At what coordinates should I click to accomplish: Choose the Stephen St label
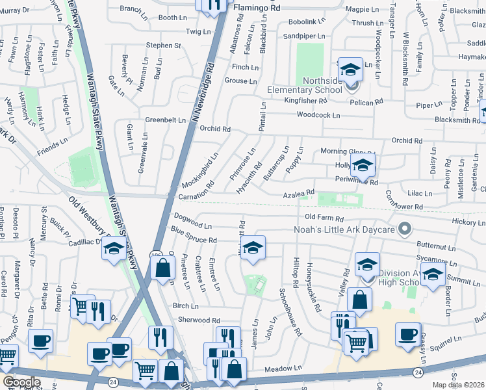pyautogui.click(x=163, y=45)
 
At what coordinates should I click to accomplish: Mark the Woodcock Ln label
pyautogui.click(x=318, y=115)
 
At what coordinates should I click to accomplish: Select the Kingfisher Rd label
pyautogui.click(x=308, y=100)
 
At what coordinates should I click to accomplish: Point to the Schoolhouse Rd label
pyautogui.click(x=290, y=312)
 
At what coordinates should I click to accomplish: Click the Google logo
pyautogui.click(x=21, y=382)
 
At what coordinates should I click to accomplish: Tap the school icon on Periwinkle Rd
pyautogui.click(x=363, y=166)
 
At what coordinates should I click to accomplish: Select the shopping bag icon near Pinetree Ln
pyautogui.click(x=163, y=267)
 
